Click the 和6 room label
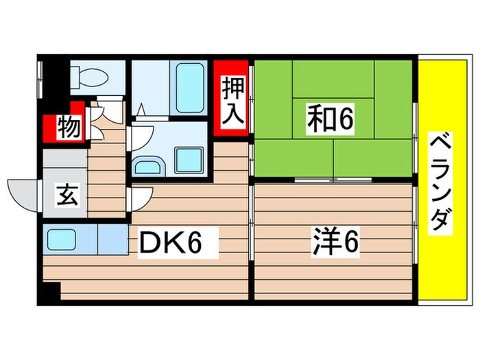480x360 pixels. [x=331, y=119]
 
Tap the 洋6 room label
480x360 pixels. [x=335, y=241]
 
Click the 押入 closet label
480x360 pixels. [x=234, y=101]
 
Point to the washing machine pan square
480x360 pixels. [x=189, y=160]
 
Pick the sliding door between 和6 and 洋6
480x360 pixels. [x=333, y=180]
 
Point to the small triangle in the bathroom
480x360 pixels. [x=142, y=108]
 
